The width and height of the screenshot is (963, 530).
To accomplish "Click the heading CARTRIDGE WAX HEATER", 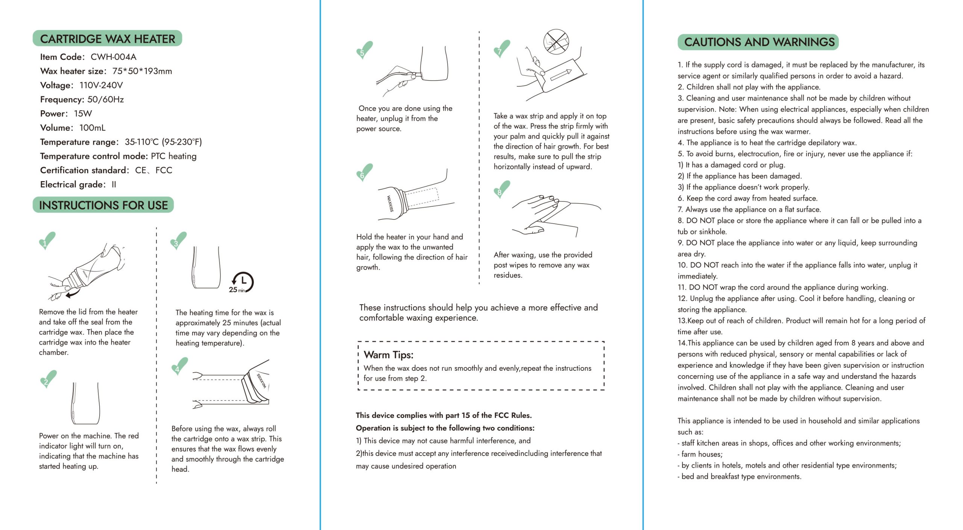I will (107, 39).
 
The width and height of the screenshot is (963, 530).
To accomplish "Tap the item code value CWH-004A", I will (113, 57).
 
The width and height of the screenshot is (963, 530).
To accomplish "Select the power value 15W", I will (83, 114).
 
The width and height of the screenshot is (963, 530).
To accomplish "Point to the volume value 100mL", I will (93, 128).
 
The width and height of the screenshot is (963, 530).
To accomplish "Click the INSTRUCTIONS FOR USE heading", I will (103, 205).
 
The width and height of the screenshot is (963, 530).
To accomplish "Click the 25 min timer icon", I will (242, 282).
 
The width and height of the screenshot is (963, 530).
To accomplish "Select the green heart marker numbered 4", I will (179, 366).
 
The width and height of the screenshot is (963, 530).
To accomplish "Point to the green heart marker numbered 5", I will (364, 50).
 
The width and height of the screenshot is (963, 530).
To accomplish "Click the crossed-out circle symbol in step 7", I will (556, 41).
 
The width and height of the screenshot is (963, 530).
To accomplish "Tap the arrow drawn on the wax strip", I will (561, 75).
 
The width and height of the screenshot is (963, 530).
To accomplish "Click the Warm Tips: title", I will (388, 355).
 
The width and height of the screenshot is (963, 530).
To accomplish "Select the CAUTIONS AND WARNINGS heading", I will (758, 42).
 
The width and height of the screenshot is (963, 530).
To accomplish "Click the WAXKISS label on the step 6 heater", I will (390, 204).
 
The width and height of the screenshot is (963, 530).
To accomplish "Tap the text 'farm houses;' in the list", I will (702, 454).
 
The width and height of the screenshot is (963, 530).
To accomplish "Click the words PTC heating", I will (173, 156).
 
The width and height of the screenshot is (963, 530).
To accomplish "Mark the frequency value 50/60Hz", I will (105, 99).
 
